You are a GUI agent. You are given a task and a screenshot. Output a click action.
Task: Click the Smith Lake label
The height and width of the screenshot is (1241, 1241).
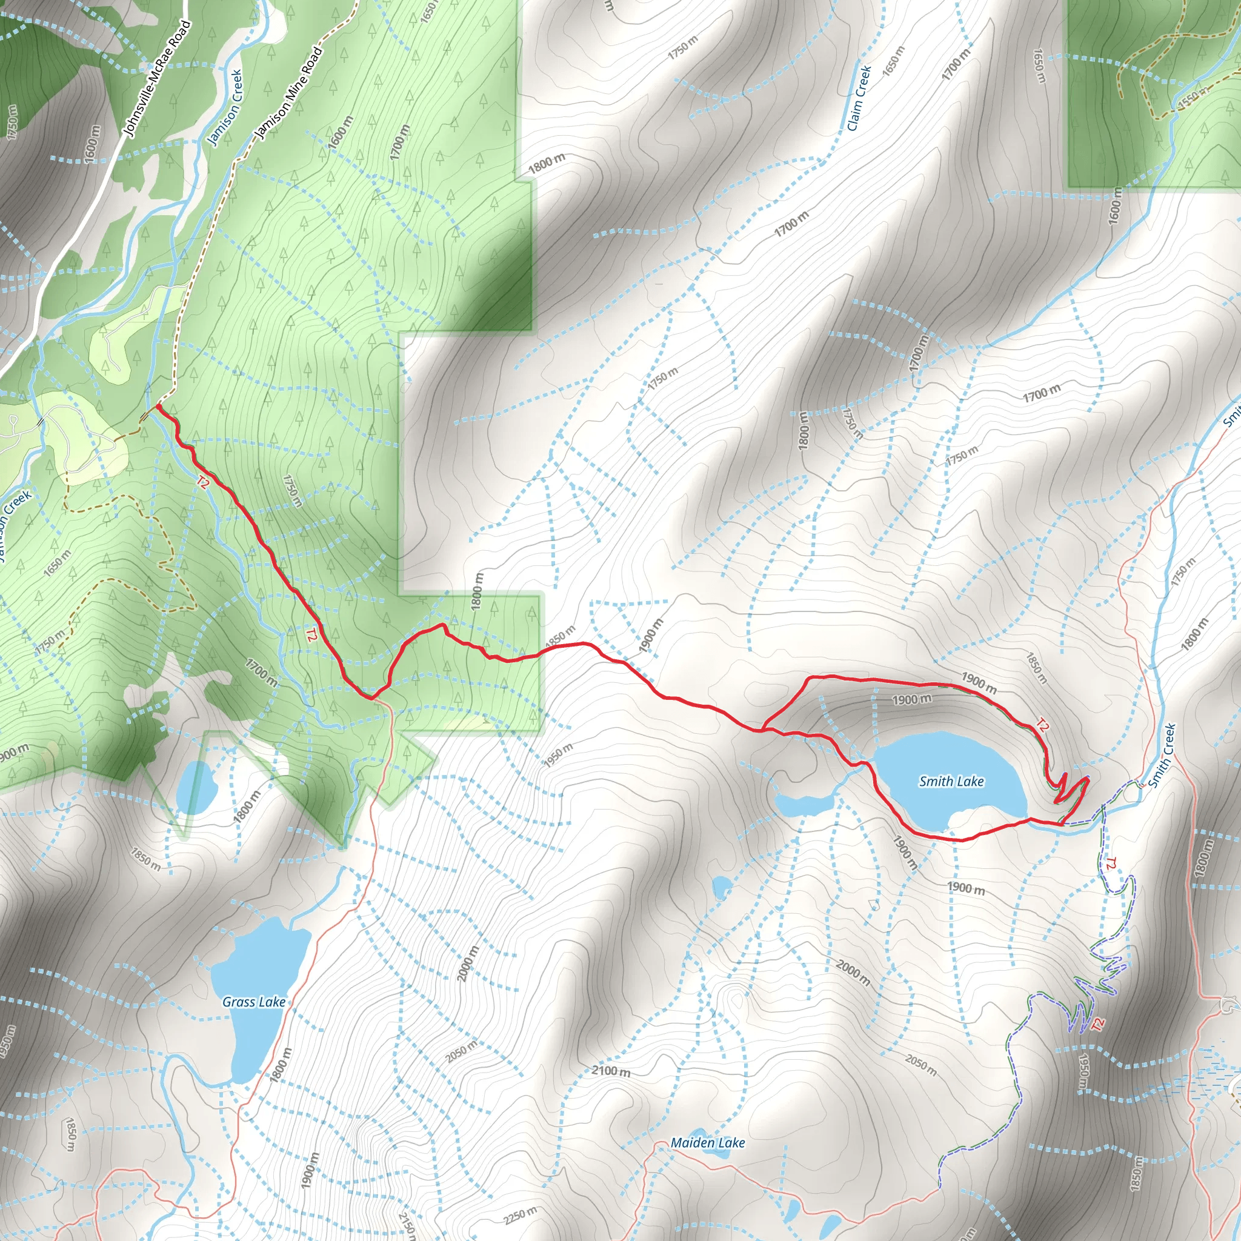951,781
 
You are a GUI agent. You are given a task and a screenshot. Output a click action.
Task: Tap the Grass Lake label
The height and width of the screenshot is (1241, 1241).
254,1002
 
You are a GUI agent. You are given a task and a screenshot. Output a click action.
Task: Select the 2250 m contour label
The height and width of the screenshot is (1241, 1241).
521,1216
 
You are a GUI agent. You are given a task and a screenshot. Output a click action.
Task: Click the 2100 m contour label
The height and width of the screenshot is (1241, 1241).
610,1071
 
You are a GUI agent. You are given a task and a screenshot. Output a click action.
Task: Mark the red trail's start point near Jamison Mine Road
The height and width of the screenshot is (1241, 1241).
158,406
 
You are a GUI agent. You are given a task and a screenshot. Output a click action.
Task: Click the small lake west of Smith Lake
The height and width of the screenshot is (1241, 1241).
803,803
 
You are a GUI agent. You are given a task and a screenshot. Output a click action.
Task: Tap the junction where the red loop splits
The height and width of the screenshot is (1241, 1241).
762,729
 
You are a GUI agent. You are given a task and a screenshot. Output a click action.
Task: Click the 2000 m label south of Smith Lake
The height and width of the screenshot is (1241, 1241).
853,973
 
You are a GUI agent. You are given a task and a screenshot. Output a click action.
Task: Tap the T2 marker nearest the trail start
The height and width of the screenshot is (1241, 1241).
203,482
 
